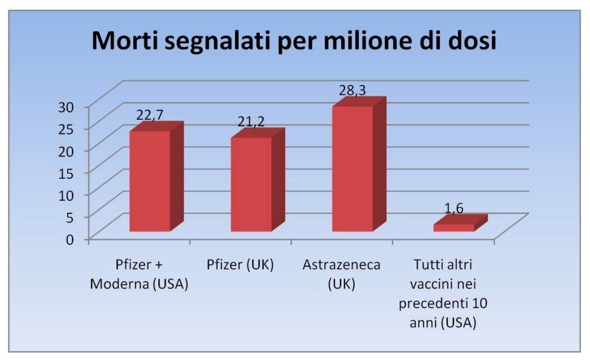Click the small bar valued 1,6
click(x=454, y=227)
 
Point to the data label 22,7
click(x=149, y=115)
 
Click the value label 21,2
click(x=251, y=121)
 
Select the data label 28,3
click(x=353, y=90)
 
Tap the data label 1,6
click(x=454, y=208)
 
